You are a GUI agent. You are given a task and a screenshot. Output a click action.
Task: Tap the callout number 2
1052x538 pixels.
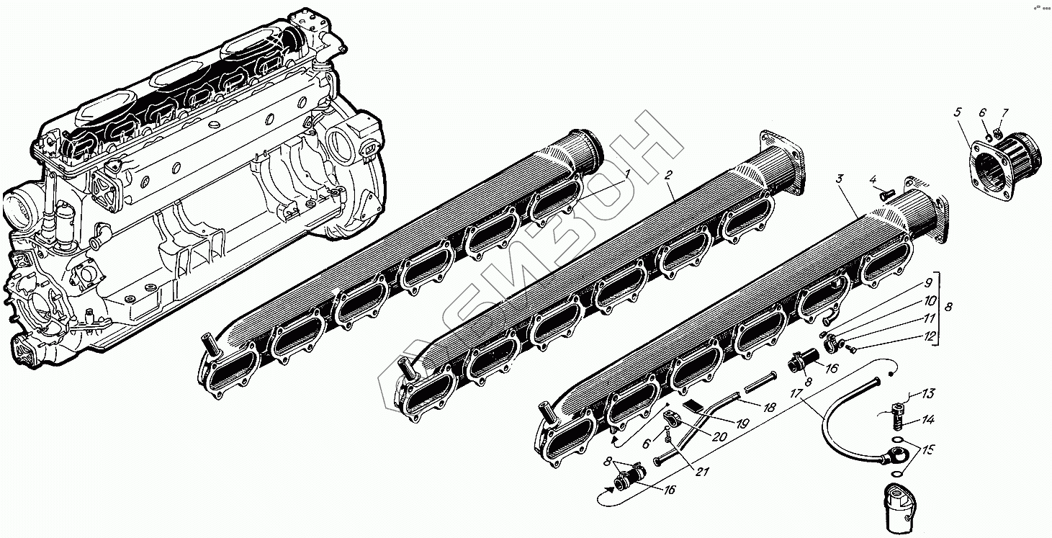(668, 175)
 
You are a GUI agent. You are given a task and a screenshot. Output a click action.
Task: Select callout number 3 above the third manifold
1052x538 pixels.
(840, 178)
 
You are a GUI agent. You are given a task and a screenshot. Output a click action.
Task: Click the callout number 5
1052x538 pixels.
(958, 112)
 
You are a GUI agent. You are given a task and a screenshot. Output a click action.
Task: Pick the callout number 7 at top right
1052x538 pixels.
(1004, 113)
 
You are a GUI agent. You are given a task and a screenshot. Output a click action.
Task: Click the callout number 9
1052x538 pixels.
(928, 283)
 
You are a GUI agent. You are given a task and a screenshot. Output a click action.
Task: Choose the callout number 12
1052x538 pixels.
(928, 336)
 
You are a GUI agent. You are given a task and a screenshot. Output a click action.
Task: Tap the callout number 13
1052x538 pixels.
(928, 393)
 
